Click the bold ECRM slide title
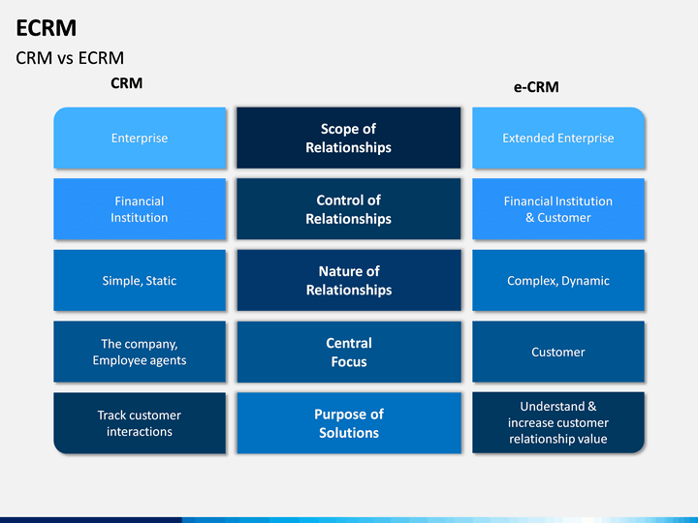click(x=47, y=28)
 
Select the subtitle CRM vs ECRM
click(x=70, y=58)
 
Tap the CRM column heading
click(x=127, y=83)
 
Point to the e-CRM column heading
click(x=536, y=87)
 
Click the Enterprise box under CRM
click(x=140, y=138)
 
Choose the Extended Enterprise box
click(x=558, y=138)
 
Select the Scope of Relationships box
click(x=349, y=138)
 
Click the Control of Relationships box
click(x=349, y=209)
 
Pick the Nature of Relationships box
click(x=349, y=280)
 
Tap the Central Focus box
click(x=349, y=352)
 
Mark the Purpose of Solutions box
click(x=349, y=423)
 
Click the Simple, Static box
click(x=140, y=280)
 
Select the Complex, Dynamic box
click(x=558, y=280)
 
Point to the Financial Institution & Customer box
click(x=558, y=209)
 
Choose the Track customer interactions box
click(x=140, y=423)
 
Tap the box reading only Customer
click(x=558, y=352)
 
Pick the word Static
click(x=162, y=281)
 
